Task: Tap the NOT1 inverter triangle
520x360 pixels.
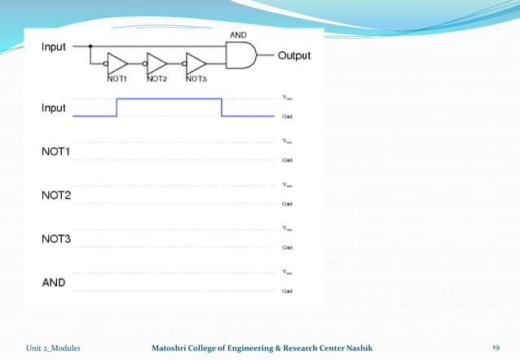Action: coord(118,64)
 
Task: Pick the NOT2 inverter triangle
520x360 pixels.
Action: coord(157,64)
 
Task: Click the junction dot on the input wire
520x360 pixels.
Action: coord(90,47)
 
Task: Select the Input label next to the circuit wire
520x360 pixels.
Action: coord(55,47)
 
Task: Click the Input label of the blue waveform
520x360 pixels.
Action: coord(55,108)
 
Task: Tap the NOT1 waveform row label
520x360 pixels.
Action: coord(56,151)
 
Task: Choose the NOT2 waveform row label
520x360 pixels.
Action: coord(56,195)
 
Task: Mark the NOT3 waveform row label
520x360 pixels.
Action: coord(56,239)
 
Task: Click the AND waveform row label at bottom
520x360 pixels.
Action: coord(53,283)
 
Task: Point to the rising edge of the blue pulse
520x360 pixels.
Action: coord(117,108)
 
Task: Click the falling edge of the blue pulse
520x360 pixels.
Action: coord(222,108)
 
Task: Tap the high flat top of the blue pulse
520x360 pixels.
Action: coord(170,99)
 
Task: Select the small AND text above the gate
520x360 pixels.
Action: coord(238,36)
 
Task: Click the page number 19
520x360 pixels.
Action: coord(495,348)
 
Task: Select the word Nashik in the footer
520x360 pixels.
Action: coord(359,348)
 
